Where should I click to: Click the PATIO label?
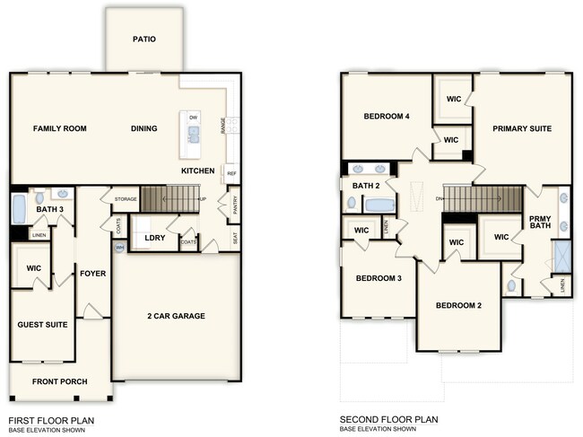[x=144, y=39]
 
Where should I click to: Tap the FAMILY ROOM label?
[x=59, y=129]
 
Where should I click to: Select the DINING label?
[x=144, y=129]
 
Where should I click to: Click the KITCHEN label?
[x=197, y=170]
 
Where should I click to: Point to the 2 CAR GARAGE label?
[x=176, y=316]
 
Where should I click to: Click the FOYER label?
[x=92, y=274]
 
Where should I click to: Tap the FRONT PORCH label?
[x=59, y=381]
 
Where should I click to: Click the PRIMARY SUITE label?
[x=521, y=128]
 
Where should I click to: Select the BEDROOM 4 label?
[x=386, y=117]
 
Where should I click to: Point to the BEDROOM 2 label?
[x=458, y=305]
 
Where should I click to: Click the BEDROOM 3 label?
[x=377, y=278]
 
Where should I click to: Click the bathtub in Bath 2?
[x=379, y=205]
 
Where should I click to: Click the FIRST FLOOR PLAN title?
[x=50, y=419]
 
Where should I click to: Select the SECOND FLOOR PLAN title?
[x=388, y=419]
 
